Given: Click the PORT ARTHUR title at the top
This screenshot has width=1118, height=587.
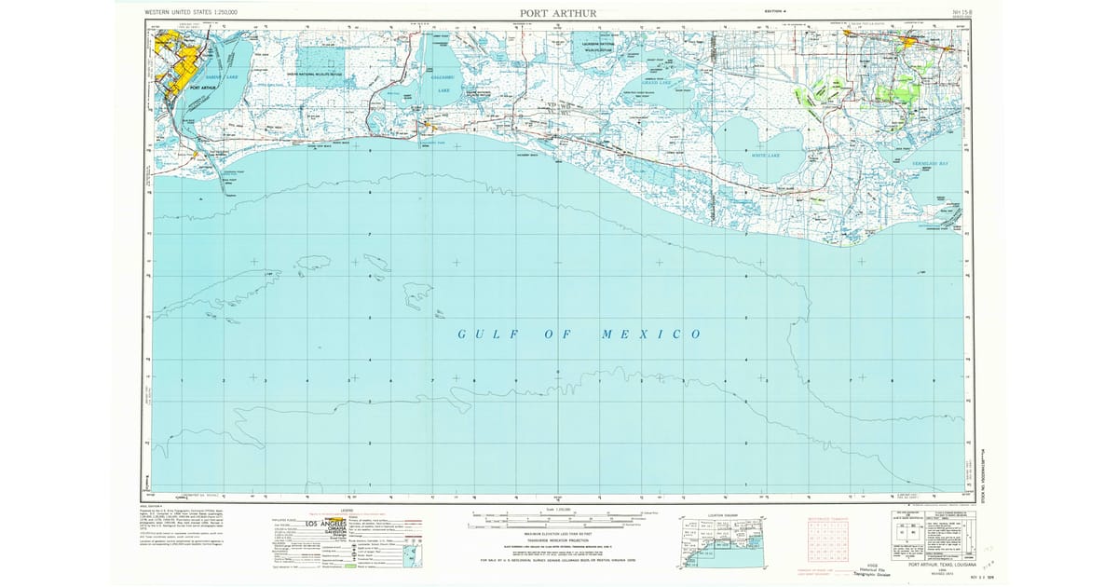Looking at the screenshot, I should pyautogui.click(x=558, y=13).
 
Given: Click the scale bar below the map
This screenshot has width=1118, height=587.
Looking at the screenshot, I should pyautogui.click(x=559, y=515).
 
